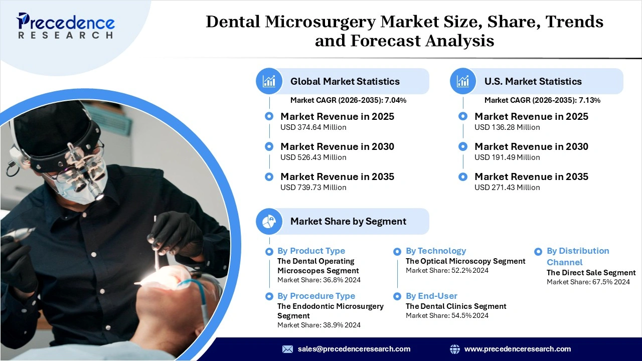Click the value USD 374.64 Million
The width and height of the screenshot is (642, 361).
coord(313,127)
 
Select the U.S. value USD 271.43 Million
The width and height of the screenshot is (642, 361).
coord(507,188)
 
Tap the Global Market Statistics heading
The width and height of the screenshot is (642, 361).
coord(345,81)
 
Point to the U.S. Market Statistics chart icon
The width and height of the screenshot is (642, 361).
coord(463,81)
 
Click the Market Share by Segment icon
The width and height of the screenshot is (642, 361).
coord(269,221)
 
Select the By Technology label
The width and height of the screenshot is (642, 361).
coord(435,251)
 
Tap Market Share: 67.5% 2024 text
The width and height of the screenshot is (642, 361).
coord(588,282)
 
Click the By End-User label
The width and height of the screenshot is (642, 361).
coord(431,296)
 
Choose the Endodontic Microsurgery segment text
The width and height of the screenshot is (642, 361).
coord(330,311)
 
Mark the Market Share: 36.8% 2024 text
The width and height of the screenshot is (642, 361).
coord(318,280)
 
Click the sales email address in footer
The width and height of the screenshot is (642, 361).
coord(354,349)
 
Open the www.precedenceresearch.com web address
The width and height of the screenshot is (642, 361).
coord(517,349)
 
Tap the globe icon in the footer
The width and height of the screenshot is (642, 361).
coord(455,349)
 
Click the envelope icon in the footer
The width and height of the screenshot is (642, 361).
coord(287,349)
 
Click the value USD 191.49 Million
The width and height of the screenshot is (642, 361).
coord(507,157)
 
